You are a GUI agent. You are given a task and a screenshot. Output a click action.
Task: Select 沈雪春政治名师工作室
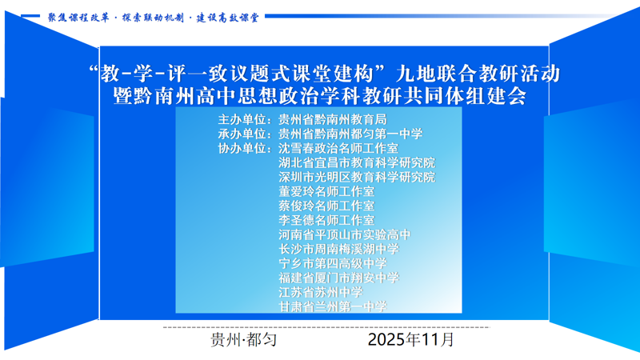338,149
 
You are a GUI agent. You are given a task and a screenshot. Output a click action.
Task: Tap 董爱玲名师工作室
326,192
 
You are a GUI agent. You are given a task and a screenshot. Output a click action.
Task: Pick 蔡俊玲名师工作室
326,206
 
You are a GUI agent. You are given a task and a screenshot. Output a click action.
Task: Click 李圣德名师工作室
326,221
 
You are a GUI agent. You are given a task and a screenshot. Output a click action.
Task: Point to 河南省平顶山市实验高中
345,235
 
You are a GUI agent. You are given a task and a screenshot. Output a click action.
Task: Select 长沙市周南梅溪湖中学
338,250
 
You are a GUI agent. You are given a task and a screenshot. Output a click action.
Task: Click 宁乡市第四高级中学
333,264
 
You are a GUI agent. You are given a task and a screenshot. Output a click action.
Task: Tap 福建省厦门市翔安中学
338,278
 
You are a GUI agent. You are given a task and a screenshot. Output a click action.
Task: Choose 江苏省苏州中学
321,293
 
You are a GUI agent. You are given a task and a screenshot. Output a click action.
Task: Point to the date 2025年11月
411,340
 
